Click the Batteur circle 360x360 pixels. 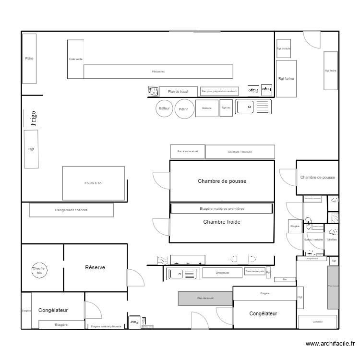(165, 108)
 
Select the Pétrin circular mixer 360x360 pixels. (184, 109)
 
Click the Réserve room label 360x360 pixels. (95, 267)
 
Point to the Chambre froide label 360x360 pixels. (221, 222)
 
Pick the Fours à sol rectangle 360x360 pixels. (93, 183)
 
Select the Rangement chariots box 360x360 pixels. (71, 210)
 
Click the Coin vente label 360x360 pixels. (75, 59)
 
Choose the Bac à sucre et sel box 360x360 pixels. (187, 151)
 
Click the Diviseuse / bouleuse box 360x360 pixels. (240, 152)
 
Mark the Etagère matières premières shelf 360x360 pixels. (221, 208)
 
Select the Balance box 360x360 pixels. (207, 108)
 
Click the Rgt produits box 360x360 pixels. (283, 49)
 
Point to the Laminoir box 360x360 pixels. (317, 322)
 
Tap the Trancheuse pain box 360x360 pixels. (254, 272)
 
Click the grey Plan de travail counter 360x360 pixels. (205, 298)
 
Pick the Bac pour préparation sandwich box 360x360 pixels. (219, 91)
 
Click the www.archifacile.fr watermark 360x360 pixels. (330, 344)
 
